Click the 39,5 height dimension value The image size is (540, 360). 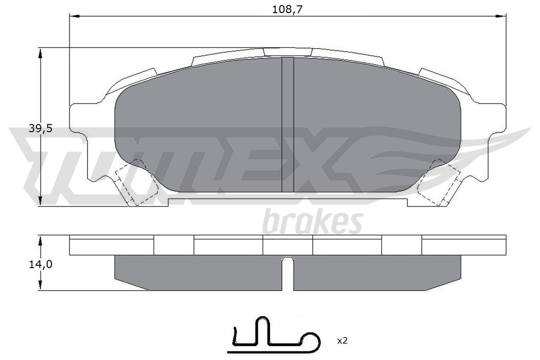40,129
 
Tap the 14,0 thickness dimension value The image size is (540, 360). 40,264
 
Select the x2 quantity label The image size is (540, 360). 342,341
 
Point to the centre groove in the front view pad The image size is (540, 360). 288,125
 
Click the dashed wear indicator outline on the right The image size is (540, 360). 439,184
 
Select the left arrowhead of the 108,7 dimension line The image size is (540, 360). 74,16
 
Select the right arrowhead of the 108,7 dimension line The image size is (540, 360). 502,16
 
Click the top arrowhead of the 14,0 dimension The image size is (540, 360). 40,240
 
